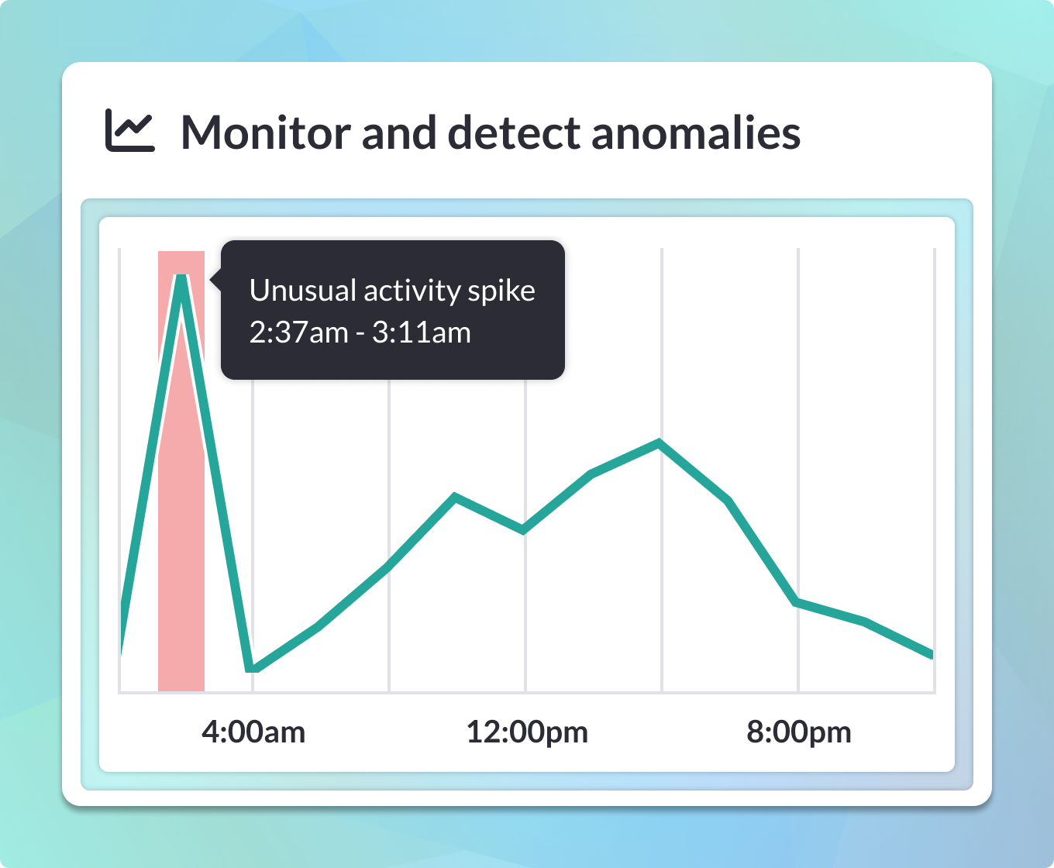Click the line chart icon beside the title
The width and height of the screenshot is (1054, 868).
click(x=129, y=130)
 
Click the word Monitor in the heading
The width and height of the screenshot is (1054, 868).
click(x=266, y=133)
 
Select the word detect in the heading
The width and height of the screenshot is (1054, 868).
click(x=514, y=133)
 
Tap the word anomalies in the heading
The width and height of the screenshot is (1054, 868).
click(x=696, y=133)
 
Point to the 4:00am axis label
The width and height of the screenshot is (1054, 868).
click(x=253, y=732)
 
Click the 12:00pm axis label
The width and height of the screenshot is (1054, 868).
click(x=527, y=732)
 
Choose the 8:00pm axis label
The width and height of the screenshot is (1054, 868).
click(x=798, y=732)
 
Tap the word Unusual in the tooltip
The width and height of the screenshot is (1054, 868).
click(x=303, y=291)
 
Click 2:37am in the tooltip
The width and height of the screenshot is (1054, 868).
click(x=299, y=332)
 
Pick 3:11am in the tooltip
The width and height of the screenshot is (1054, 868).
click(x=421, y=332)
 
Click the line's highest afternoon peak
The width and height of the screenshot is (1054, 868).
click(x=660, y=443)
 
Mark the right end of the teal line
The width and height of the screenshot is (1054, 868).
click(x=932, y=654)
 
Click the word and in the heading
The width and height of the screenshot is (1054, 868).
click(x=399, y=133)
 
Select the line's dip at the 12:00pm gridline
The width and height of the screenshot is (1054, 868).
click(x=523, y=530)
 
